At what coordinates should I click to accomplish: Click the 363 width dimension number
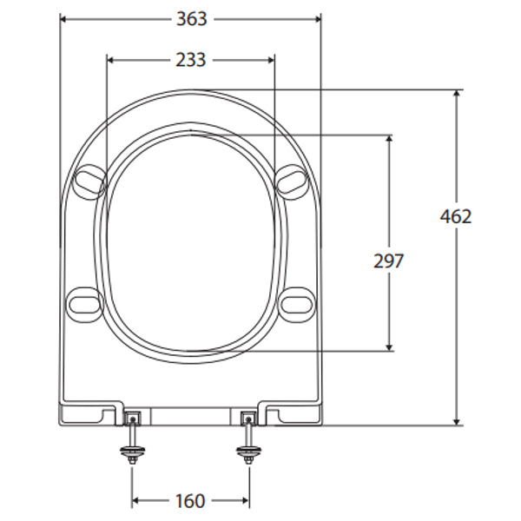point(190,19)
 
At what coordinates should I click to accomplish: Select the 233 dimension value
point(190,59)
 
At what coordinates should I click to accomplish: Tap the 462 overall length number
point(455,216)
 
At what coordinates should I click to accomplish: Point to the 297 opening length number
point(387,260)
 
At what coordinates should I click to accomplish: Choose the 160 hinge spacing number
point(190,501)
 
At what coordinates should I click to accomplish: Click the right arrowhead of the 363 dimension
point(316,19)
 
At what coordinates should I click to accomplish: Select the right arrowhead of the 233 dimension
point(270,59)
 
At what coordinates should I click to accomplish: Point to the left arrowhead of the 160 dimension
point(136,501)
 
